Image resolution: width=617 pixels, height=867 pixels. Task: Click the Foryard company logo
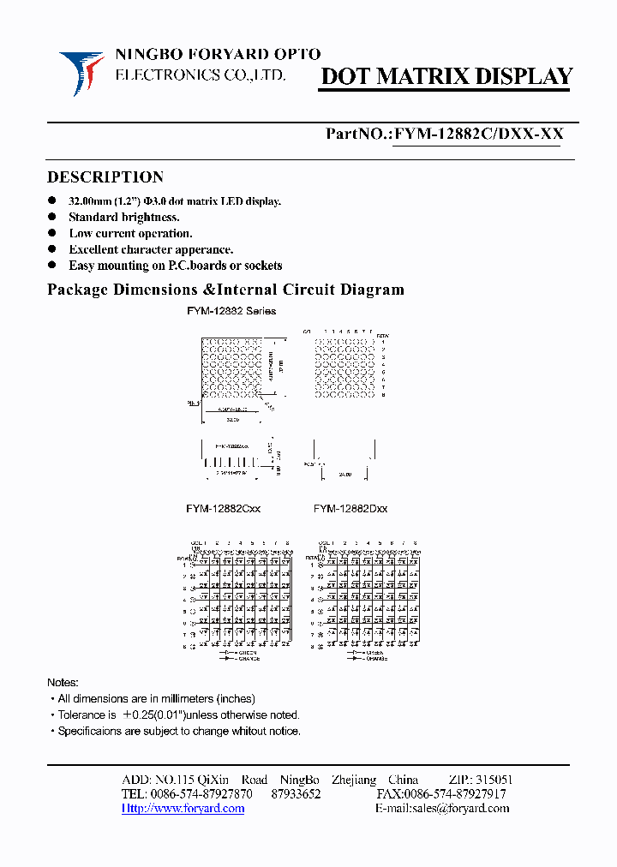coord(81,72)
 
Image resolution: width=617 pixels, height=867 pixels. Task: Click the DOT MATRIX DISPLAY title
coord(446,77)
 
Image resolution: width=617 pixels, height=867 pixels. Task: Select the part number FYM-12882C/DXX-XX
coord(476,135)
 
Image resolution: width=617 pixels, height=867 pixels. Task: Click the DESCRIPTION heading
coord(105,177)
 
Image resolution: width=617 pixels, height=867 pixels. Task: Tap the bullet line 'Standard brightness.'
coord(123,218)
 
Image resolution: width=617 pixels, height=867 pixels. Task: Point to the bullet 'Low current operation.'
coord(130,234)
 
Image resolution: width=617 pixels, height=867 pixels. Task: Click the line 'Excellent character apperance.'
coord(151,250)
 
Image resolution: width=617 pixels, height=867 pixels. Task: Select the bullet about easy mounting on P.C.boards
coord(175,266)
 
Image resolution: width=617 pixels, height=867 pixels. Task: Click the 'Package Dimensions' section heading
coord(225,290)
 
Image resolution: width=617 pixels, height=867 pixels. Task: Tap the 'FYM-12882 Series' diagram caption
coord(231,311)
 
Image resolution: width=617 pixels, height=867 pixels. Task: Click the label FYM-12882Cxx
coord(223,509)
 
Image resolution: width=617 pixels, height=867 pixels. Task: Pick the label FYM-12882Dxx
coord(350,509)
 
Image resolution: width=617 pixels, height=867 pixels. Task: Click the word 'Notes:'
coord(63,683)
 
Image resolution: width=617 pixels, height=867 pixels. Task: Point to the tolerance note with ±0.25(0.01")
coord(178,715)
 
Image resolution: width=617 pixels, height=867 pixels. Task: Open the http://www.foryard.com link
coord(183,809)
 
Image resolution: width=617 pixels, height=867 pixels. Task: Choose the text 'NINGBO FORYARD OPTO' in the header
coord(218,55)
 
